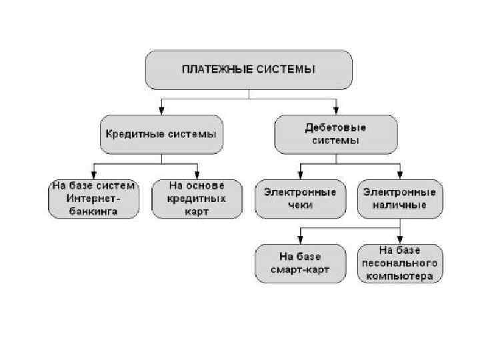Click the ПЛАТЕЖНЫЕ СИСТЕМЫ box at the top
[x=249, y=70]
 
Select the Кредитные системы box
[x=161, y=133]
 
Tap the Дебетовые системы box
[x=335, y=133]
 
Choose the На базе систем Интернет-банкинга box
[x=94, y=199]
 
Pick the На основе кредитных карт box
[x=197, y=199]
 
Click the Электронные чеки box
[x=301, y=199]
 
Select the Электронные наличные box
[x=399, y=199]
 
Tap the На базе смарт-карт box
[x=301, y=264]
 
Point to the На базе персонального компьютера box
[x=399, y=264]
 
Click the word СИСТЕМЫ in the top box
[x=286, y=69]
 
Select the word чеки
[x=301, y=205]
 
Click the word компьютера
[x=399, y=275]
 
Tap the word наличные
[x=399, y=205]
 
